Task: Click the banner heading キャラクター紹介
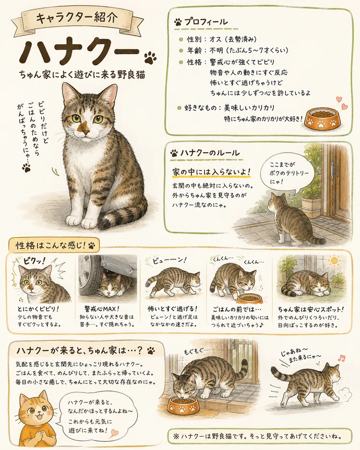click(77, 18)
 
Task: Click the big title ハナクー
click(79, 52)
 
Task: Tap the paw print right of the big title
click(150, 58)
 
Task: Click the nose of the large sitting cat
click(86, 132)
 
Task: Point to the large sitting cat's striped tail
click(120, 218)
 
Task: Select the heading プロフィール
click(205, 22)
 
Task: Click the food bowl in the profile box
click(323, 119)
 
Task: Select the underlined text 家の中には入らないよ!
click(211, 172)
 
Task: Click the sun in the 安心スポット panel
click(334, 261)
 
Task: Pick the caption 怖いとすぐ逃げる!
click(172, 309)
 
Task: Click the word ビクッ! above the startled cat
click(35, 261)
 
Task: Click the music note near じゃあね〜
click(342, 358)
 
